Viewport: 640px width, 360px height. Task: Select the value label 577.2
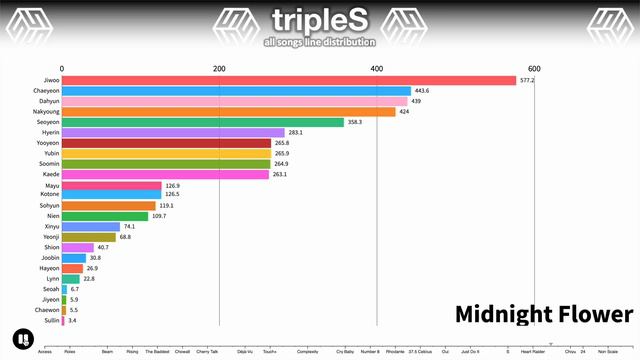point(527,80)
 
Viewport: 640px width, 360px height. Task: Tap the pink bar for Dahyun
point(234,101)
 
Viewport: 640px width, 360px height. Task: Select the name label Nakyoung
point(46,112)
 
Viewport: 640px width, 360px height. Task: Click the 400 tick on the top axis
point(377,67)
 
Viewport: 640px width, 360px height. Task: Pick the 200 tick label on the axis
point(219,67)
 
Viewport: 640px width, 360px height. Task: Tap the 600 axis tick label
point(534,67)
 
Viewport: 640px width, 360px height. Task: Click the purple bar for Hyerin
point(173,132)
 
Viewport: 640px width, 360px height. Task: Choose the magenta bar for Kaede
point(165,174)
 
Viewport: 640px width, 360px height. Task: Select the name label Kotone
point(48,194)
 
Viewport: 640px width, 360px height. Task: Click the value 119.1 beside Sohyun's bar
point(167,205)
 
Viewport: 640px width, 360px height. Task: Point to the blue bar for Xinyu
point(91,226)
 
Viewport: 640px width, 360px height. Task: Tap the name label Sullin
point(50,321)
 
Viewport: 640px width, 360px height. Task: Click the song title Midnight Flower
point(544,315)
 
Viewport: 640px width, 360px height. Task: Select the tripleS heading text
point(319,20)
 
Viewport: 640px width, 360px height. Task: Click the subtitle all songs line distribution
point(319,42)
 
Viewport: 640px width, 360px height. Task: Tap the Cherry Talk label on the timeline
point(207,352)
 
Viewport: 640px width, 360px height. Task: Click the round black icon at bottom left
point(20,338)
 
